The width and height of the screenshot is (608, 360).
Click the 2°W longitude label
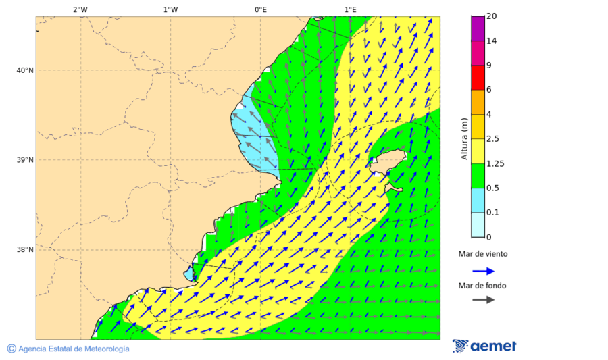80,9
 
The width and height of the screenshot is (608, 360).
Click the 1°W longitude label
170,9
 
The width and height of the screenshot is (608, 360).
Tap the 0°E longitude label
260,9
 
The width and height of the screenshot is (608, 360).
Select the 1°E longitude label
350,9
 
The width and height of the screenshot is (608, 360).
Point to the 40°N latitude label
24,70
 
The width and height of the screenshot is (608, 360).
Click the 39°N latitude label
24,160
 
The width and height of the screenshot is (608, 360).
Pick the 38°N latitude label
24,250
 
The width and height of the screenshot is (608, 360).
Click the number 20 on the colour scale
491,16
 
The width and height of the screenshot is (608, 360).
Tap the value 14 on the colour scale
491,41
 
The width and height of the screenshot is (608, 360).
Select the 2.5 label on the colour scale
492,139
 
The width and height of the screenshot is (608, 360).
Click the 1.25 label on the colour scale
495,163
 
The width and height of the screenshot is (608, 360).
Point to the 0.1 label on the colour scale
492,213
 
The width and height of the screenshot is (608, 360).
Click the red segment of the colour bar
478,78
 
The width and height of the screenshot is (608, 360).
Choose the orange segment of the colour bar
478,102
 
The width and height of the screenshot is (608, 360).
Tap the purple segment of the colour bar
478,28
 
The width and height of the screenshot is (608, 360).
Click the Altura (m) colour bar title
464,138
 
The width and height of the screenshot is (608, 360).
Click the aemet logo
484,346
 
